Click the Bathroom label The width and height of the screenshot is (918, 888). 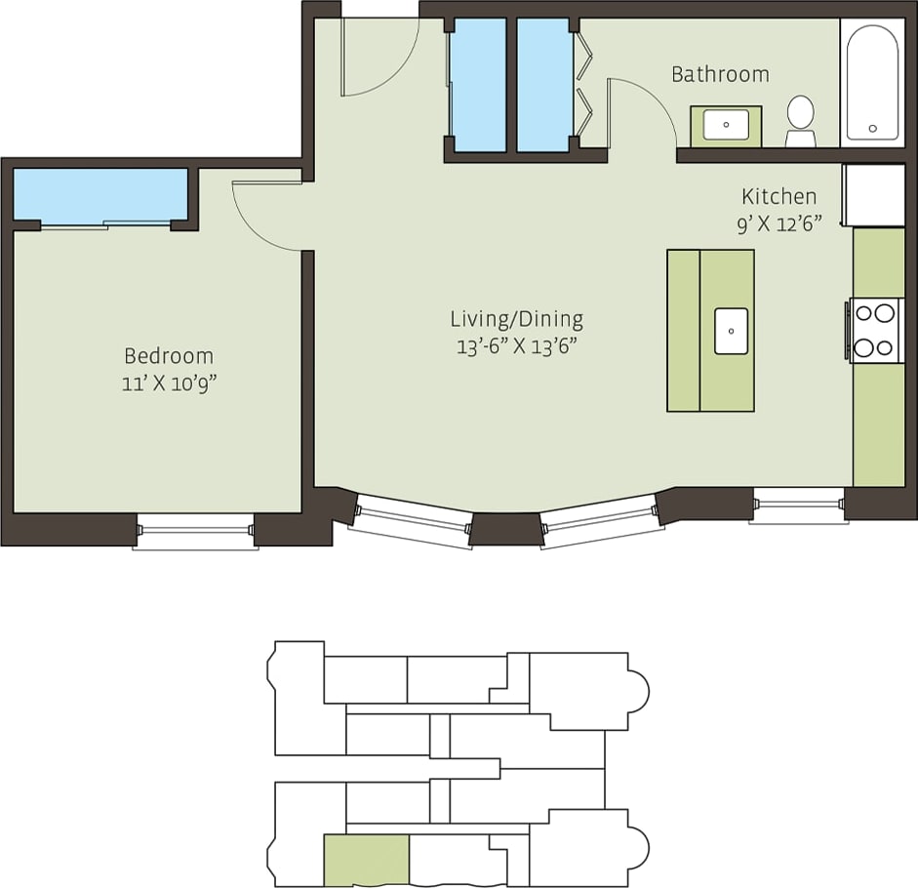(x=720, y=74)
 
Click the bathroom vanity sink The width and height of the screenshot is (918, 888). (x=726, y=125)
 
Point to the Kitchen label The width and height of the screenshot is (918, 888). (x=778, y=196)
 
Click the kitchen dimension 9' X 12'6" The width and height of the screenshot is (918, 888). (x=778, y=223)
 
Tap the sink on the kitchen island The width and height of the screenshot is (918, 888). (x=731, y=331)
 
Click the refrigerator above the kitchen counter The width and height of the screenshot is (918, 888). (x=874, y=194)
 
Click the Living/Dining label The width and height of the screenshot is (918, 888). (x=516, y=319)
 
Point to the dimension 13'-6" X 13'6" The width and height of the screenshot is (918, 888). (x=516, y=346)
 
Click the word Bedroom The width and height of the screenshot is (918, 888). (x=168, y=356)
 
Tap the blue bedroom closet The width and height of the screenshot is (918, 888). (x=100, y=194)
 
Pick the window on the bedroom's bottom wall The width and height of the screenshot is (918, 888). (x=195, y=530)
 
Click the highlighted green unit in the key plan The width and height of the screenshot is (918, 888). (x=366, y=859)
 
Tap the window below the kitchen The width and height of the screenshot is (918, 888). (x=798, y=505)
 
